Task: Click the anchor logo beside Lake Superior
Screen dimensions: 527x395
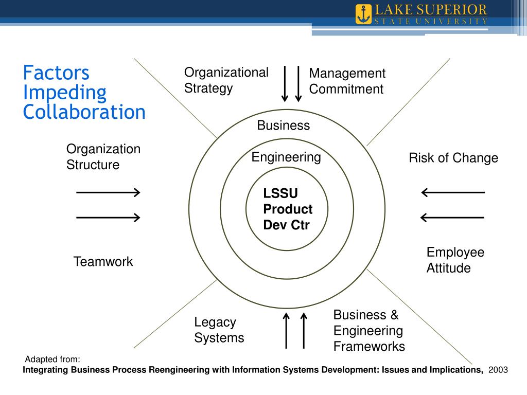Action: pos(363,14)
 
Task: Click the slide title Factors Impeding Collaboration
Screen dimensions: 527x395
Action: pos(84,92)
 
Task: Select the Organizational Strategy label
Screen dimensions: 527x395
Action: pos(226,80)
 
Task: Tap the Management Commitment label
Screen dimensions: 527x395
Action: pos(347,81)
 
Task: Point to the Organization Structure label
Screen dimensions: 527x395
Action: pos(103,157)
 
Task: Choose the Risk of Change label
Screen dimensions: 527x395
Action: pos(453,158)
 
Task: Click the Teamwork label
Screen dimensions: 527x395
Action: pos(103,261)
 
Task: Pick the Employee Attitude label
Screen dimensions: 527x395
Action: pos(455,260)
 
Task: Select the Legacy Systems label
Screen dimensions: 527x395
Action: pos(219,330)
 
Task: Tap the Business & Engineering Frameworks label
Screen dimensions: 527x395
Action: pos(369,330)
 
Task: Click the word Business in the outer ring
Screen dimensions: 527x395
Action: pos(284,125)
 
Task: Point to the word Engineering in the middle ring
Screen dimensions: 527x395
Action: pos(286,157)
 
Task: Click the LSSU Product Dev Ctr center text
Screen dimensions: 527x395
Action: pos(288,209)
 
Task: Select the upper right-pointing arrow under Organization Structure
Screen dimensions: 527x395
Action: pos(108,193)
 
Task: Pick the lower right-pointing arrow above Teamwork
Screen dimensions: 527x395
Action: pos(108,218)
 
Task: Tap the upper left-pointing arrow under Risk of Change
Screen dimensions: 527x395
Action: pos(453,193)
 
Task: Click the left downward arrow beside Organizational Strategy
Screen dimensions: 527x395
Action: pos(285,83)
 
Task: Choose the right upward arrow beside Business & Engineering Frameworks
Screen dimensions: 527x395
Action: pos(303,330)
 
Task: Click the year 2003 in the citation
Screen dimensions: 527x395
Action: pos(498,370)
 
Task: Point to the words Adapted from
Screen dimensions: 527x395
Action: pos(52,359)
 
